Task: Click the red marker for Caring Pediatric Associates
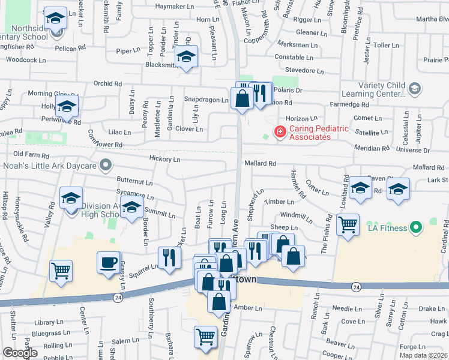[x=279, y=131]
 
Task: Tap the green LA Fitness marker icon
[x=415, y=227]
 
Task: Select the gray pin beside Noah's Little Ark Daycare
[x=106, y=164]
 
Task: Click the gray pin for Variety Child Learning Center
[x=414, y=89]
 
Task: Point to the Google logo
[x=19, y=353]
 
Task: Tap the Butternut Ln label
[x=134, y=181]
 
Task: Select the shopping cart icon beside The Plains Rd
[x=348, y=225]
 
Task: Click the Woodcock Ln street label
[x=26, y=60]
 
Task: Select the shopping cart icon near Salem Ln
[x=205, y=336]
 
